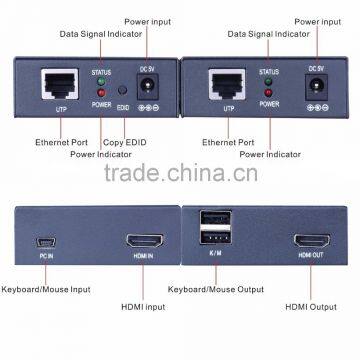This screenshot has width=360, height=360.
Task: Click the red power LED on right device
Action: coord(268,91)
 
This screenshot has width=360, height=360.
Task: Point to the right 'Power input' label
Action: coord(317,21)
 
